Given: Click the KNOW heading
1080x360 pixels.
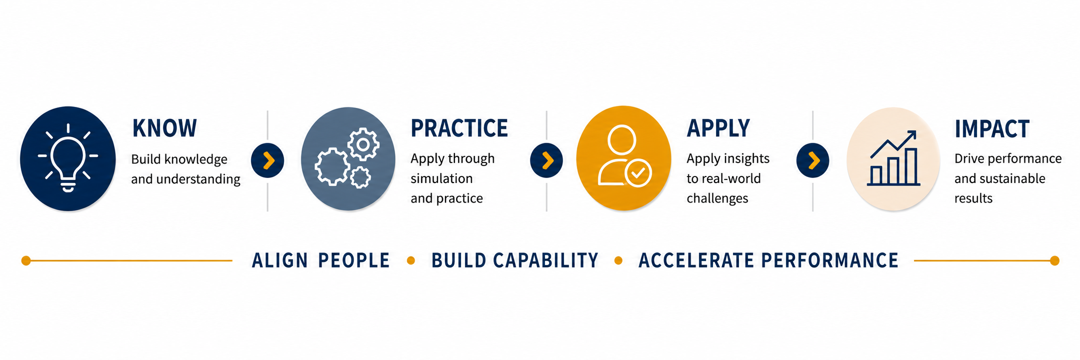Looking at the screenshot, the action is tap(165, 128).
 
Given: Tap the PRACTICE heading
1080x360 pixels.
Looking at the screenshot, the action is tap(459, 128).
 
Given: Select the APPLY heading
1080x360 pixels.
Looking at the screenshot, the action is tap(718, 128).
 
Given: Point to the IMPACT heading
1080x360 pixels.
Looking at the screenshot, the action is tap(991, 129).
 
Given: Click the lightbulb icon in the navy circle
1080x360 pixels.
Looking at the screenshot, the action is tap(68, 158).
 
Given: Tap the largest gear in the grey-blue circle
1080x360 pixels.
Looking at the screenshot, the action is tap(332, 167).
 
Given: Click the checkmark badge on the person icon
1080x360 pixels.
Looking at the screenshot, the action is tap(638, 173).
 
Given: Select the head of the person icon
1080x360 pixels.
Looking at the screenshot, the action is tap(622, 140).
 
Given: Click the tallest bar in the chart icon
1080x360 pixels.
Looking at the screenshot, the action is tap(910, 166).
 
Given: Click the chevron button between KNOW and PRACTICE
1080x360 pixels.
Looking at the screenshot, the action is tap(268, 161).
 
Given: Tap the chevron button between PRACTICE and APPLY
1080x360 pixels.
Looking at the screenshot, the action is tap(546, 161).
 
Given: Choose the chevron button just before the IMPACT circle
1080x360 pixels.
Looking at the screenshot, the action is tap(812, 161).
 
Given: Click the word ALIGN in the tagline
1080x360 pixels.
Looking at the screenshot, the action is tap(280, 261).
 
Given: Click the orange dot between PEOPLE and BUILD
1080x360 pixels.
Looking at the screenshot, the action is tap(411, 261).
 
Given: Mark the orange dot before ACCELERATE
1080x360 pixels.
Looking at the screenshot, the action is tap(618, 261).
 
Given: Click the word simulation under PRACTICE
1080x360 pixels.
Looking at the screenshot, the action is tap(442, 179).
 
